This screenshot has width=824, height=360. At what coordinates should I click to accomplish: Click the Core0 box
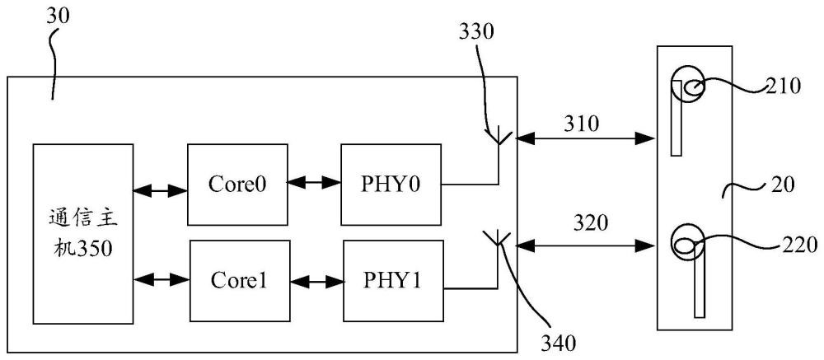(236, 184)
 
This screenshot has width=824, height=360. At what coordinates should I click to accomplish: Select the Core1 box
(238, 281)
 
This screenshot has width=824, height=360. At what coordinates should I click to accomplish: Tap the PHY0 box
(391, 184)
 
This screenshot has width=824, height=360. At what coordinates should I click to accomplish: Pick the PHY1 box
(392, 281)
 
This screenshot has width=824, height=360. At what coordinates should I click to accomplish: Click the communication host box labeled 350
(82, 232)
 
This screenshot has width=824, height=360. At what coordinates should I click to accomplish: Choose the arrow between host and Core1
(162, 281)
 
